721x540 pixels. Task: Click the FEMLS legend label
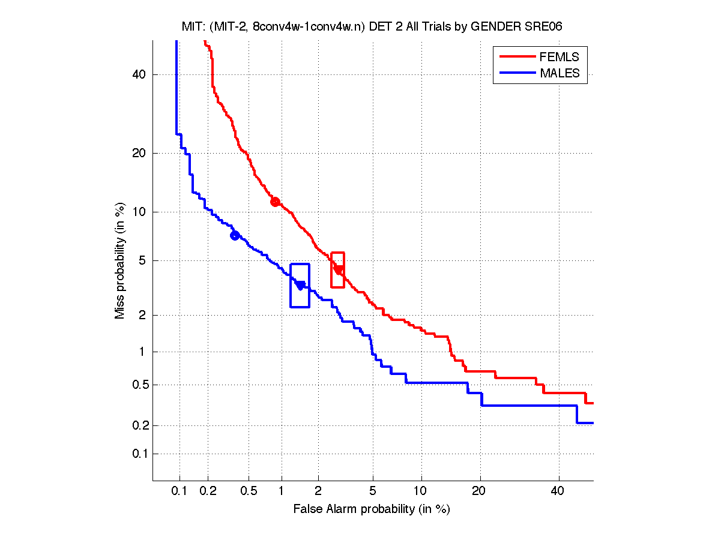[x=560, y=57]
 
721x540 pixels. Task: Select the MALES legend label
[x=560, y=73]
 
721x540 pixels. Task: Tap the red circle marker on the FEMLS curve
[x=275, y=202]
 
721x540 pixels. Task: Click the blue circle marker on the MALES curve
[x=235, y=235]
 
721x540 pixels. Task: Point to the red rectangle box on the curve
[x=337, y=270]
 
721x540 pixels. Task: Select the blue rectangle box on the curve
[x=300, y=286]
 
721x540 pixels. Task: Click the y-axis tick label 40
[x=140, y=75]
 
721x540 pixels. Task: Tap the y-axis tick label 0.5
[x=137, y=385]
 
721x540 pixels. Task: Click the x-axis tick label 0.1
[x=179, y=491]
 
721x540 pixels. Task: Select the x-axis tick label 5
[x=373, y=491]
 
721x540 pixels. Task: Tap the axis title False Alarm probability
[x=372, y=509]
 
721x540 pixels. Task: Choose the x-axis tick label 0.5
[x=249, y=491]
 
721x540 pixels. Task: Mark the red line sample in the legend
[x=516, y=57]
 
